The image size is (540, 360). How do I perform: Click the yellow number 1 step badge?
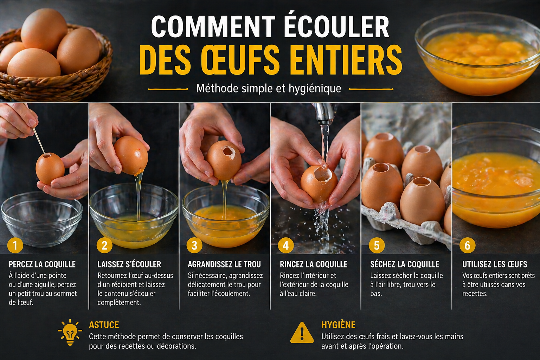pyautogui.click(x=15, y=245)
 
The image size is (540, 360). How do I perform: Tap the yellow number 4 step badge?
pyautogui.click(x=285, y=245)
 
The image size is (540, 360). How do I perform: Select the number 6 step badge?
pyautogui.click(x=467, y=245)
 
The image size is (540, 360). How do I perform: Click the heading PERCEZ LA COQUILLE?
pyautogui.click(x=42, y=264)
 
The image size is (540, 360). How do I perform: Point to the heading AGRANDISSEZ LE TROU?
pyautogui.click(x=224, y=264)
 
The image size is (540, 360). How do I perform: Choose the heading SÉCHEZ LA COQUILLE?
pyautogui.click(x=405, y=264)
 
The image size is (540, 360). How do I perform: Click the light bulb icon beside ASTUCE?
pyautogui.click(x=70, y=332)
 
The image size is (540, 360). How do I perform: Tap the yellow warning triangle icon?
pyautogui.click(x=302, y=333)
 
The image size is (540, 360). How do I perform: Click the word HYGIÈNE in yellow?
pyautogui.click(x=338, y=325)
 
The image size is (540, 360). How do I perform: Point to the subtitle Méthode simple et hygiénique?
pyautogui.click(x=269, y=88)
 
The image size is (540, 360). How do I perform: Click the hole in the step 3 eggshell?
pyautogui.click(x=229, y=151)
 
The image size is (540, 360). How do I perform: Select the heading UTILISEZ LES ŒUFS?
pyautogui.click(x=495, y=264)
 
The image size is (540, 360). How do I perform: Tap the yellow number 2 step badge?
pyautogui.click(x=104, y=245)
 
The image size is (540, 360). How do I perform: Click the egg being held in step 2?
pyautogui.click(x=130, y=155)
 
